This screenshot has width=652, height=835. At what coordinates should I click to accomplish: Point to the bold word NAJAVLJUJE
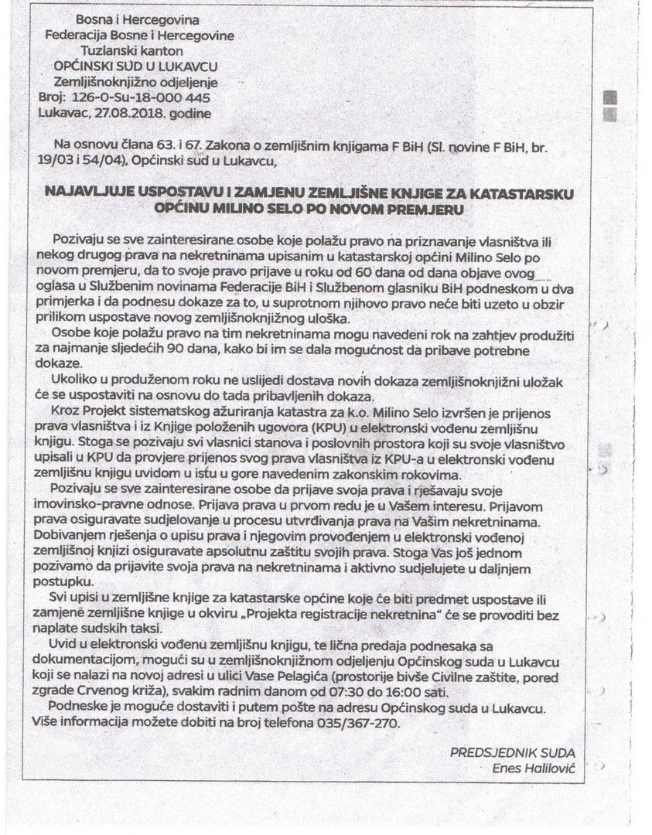click(88, 193)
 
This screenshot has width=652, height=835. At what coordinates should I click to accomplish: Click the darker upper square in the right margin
click(610, 97)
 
